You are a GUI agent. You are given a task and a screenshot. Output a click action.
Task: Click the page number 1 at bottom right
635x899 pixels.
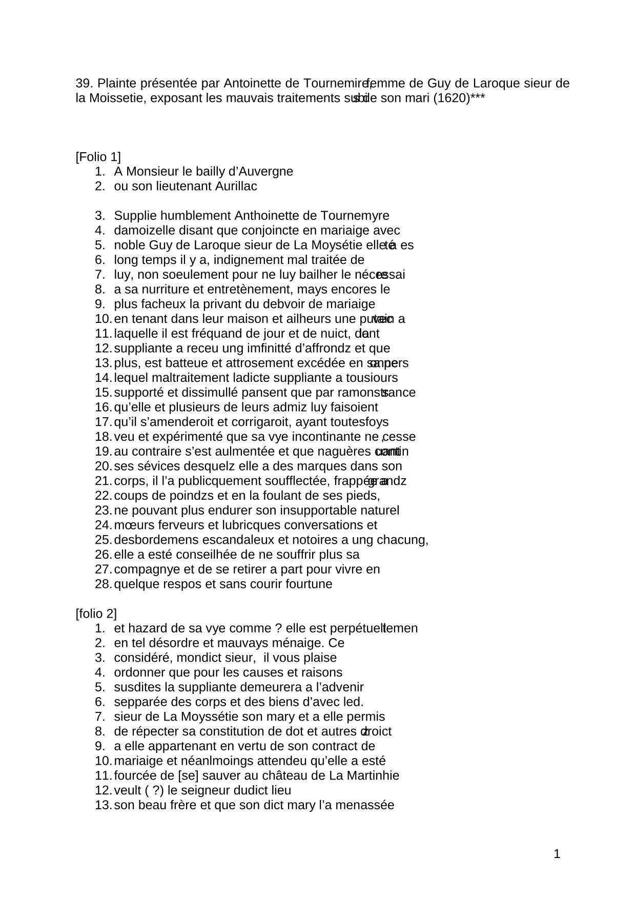pos(557,854)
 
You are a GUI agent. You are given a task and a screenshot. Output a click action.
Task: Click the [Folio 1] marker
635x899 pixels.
pos(98,157)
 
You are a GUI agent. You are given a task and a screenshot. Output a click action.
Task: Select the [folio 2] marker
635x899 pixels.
pos(96,614)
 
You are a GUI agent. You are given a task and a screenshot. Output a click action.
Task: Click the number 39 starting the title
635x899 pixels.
pos(84,83)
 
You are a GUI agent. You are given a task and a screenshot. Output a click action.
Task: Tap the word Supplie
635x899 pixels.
pos(133,216)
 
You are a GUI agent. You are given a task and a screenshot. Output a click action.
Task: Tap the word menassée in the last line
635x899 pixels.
pos(367,805)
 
